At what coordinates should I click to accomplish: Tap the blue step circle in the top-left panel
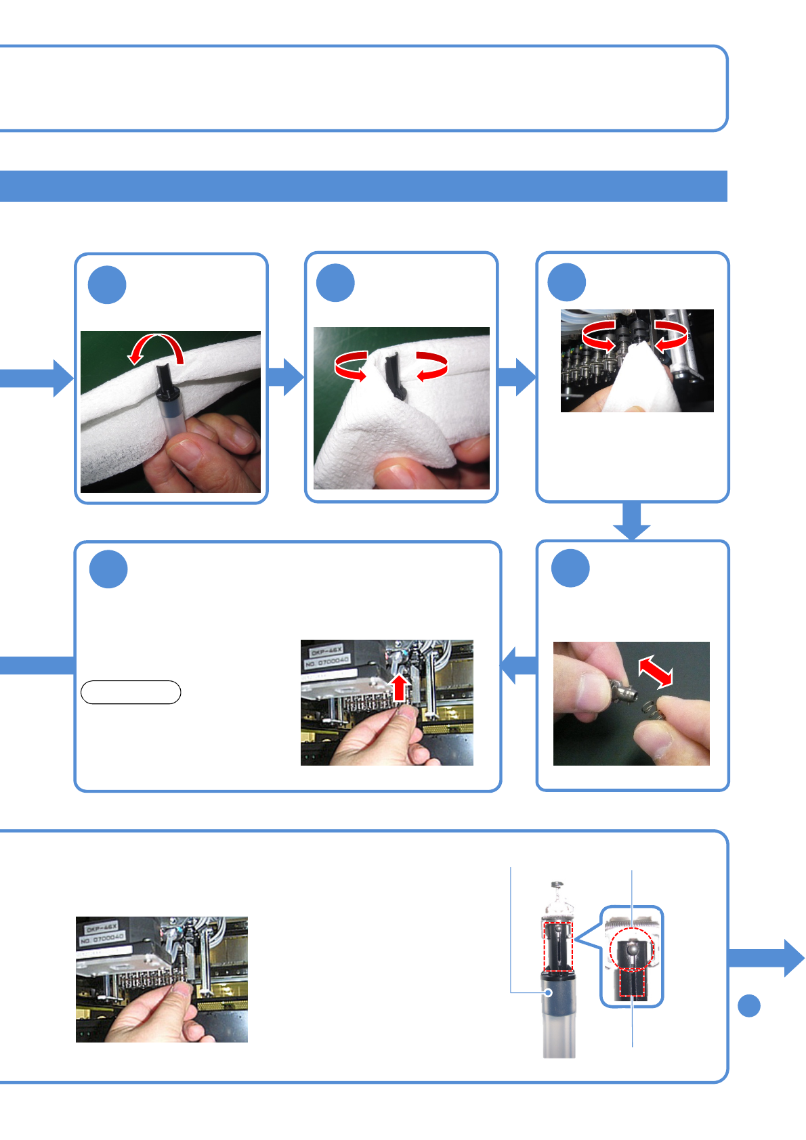[x=107, y=285]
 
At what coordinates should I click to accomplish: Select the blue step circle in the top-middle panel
[x=335, y=283]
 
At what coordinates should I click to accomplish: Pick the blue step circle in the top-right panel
[x=567, y=282]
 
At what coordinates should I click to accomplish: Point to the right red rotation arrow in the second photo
[x=431, y=366]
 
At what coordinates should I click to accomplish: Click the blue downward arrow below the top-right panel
[x=632, y=522]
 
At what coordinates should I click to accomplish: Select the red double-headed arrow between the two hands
[x=656, y=672]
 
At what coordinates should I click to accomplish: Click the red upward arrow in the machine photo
[x=400, y=686]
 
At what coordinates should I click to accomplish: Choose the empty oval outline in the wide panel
[x=131, y=693]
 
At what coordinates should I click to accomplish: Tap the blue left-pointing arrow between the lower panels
[x=519, y=665]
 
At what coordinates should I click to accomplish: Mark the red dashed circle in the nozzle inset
[x=631, y=947]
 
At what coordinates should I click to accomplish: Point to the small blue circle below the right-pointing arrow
[x=748, y=1005]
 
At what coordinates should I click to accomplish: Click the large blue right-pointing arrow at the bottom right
[x=767, y=958]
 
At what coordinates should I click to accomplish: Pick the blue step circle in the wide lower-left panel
[x=108, y=569]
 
